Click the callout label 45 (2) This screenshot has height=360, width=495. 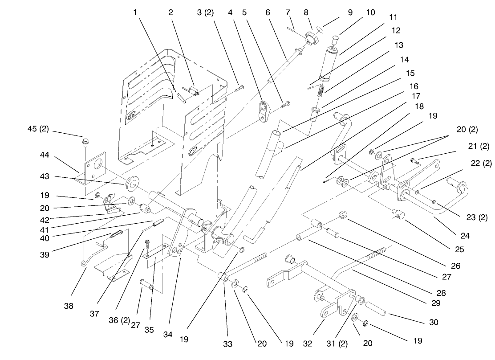coord(38,130)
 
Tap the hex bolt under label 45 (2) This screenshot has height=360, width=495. coord(85,143)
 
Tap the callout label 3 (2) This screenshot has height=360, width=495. coord(205,13)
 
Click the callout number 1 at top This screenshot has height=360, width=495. coord(134,13)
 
